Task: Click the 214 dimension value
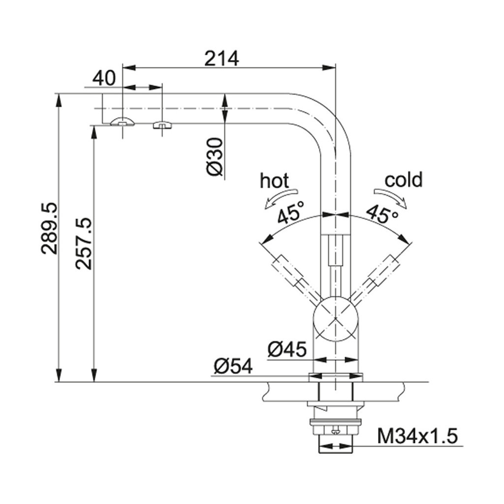(222, 58)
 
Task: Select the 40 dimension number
(104, 78)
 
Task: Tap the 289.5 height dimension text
(50, 228)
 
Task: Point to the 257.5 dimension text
(84, 243)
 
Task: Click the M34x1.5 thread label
(417, 436)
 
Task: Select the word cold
(404, 180)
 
